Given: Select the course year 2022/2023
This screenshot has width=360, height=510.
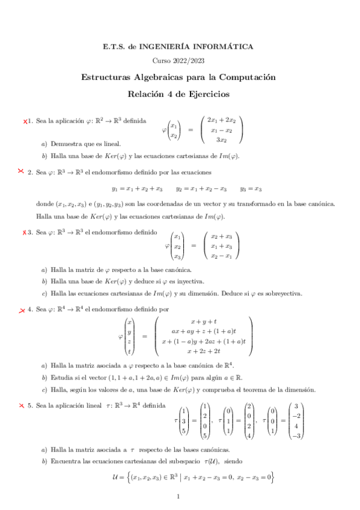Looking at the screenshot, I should click(179, 61).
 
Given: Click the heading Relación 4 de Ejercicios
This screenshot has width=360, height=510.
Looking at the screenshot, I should click(179, 94).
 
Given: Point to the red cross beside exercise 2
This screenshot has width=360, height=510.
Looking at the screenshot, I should click(22, 171).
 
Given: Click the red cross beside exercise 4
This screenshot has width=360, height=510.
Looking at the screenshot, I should click(22, 310).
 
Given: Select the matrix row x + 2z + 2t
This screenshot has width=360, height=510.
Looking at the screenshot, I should click(204, 351).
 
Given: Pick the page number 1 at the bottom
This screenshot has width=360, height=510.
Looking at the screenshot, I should click(179, 497).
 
